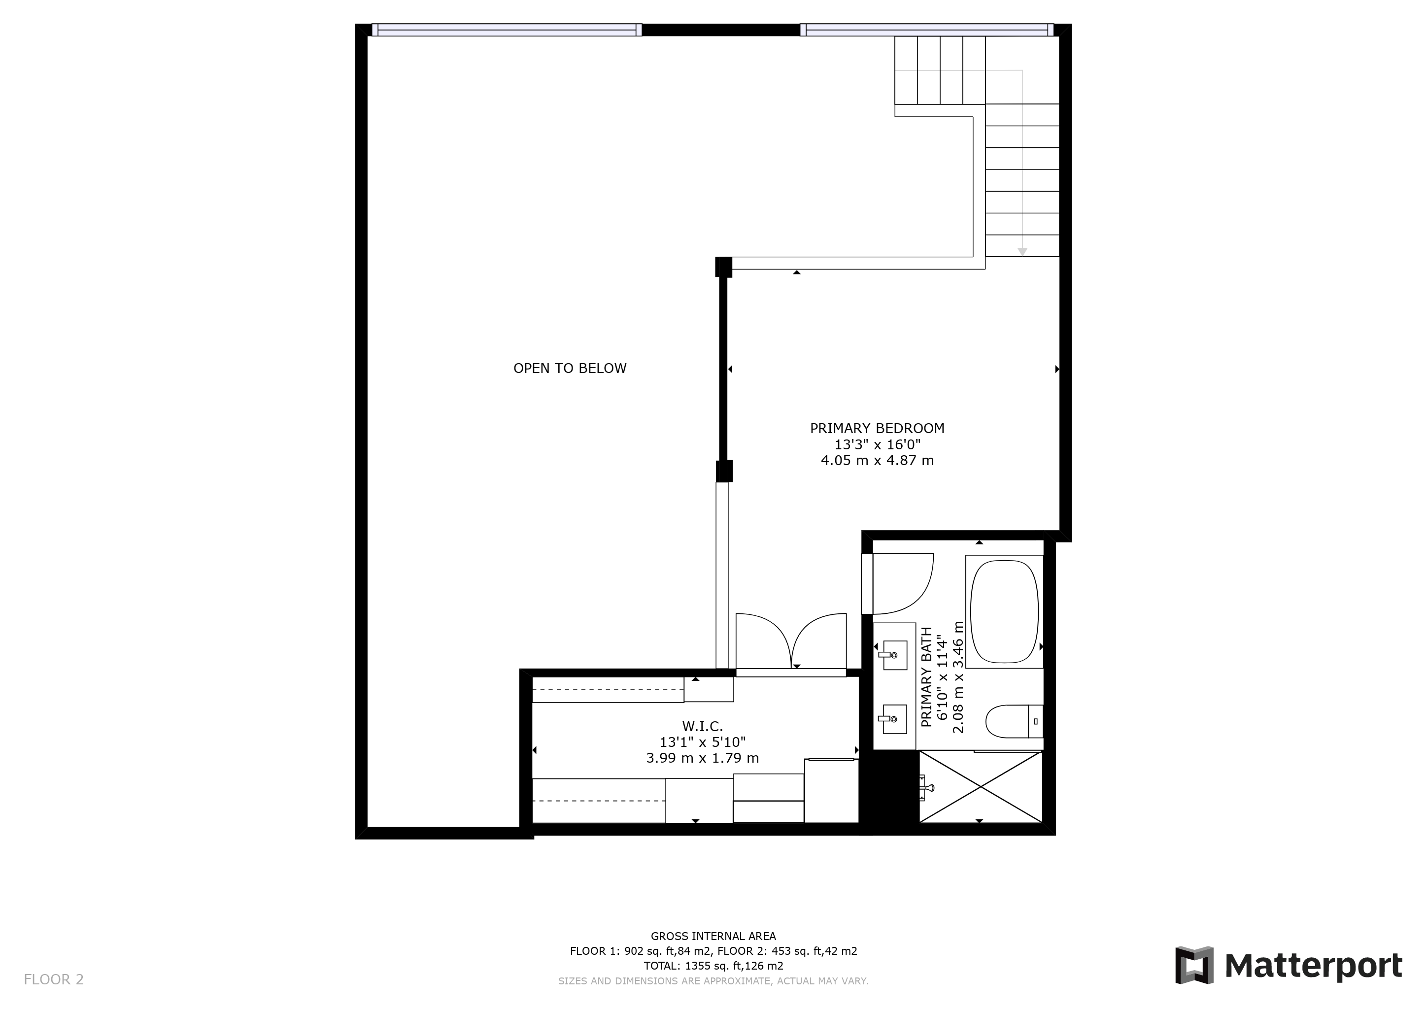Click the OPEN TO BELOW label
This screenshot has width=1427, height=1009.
[570, 369]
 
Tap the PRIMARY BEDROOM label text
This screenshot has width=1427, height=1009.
[877, 428]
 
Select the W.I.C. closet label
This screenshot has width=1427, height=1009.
[702, 726]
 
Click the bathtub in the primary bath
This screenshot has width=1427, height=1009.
[1004, 611]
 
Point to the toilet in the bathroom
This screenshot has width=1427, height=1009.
[1014, 721]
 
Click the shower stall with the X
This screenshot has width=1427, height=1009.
[980, 787]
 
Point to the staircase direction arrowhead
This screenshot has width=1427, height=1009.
[1022, 252]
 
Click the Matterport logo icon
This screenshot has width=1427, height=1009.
[1194, 965]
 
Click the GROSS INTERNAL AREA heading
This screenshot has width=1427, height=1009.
[713, 936]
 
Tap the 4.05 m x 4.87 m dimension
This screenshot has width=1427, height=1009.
[877, 460]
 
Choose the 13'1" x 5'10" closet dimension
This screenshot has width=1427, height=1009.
[702, 742]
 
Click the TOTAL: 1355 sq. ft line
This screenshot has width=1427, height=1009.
[713, 966]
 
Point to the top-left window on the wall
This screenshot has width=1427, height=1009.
[507, 30]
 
